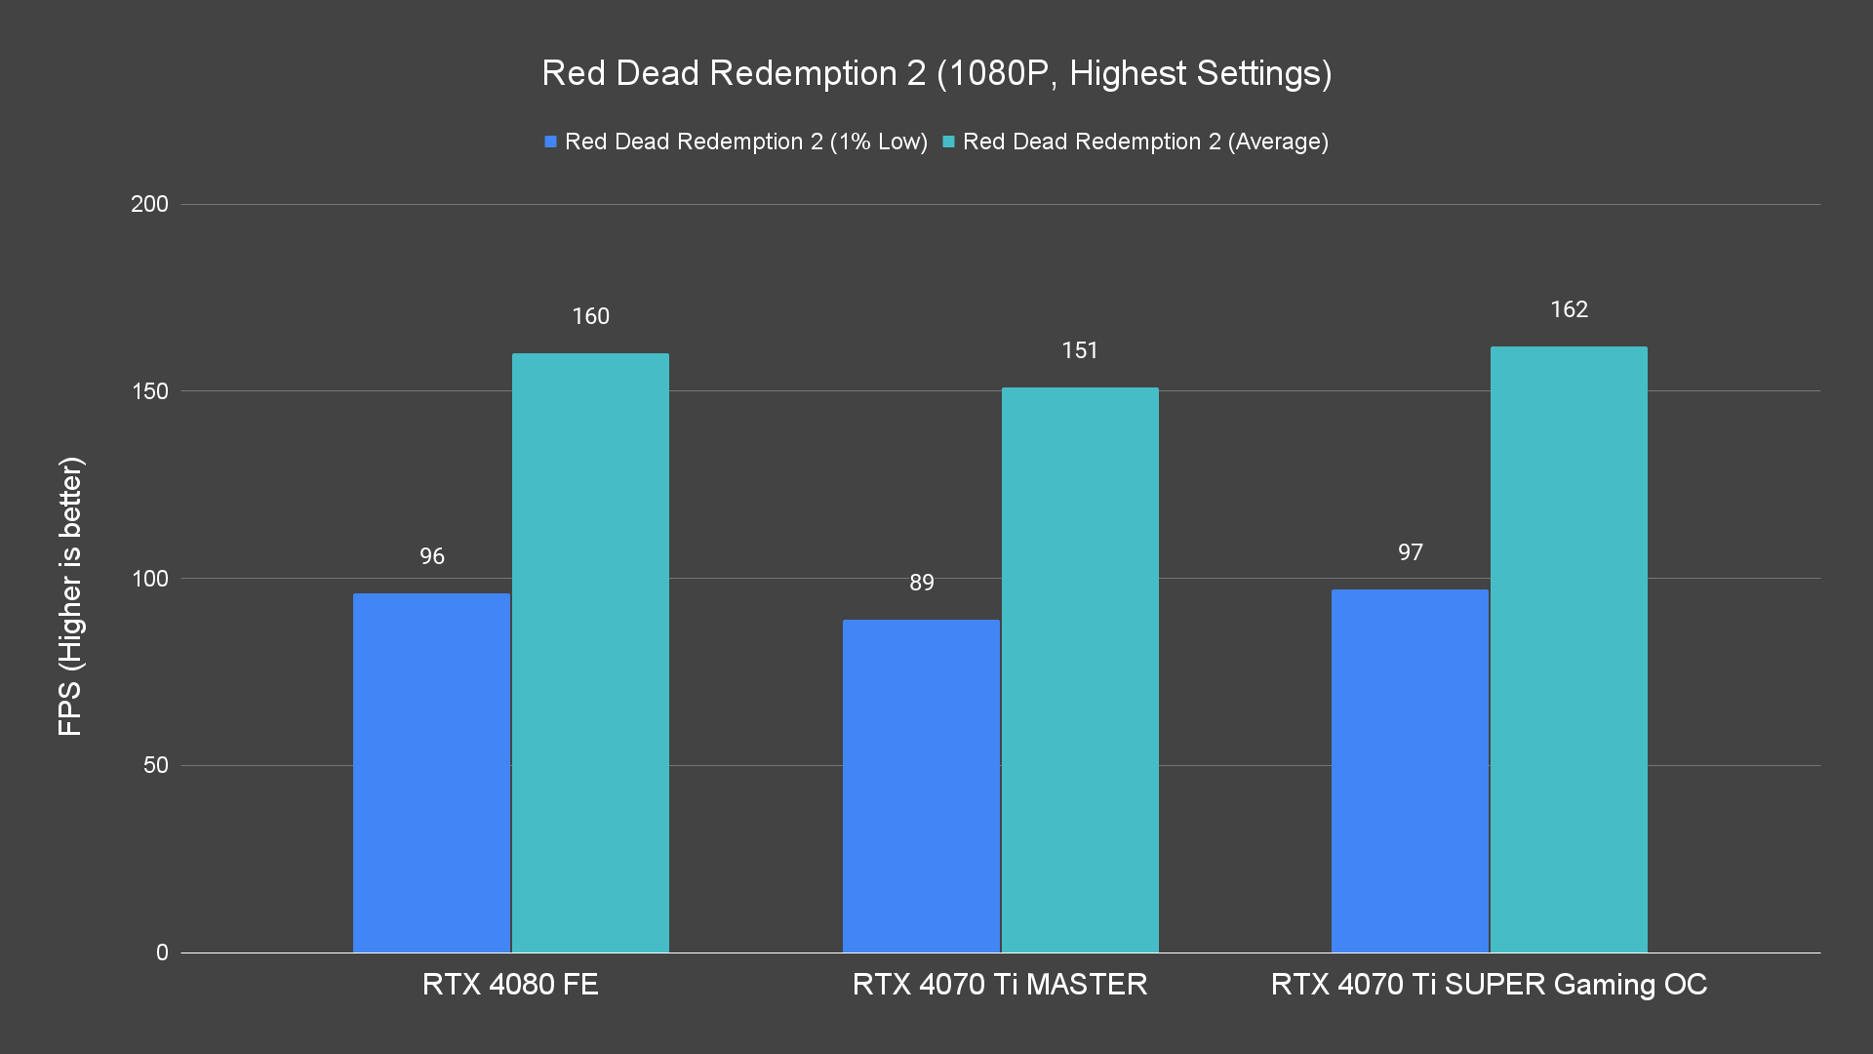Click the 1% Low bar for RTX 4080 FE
tap(431, 772)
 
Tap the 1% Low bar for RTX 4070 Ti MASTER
tap(921, 786)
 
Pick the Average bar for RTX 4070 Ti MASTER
tap(1080, 669)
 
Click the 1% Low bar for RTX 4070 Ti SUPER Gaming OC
tap(1410, 770)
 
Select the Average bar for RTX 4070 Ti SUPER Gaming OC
tap(1569, 649)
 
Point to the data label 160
tap(590, 316)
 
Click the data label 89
tap(921, 583)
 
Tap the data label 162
tap(1569, 309)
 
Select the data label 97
tap(1410, 552)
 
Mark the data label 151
tap(1080, 350)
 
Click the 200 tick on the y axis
tap(149, 204)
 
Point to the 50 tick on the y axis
tap(155, 765)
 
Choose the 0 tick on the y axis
tap(162, 953)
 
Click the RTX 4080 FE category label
tap(510, 984)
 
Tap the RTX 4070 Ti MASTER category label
tap(999, 984)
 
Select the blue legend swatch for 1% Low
tap(550, 142)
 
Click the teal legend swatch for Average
tap(948, 142)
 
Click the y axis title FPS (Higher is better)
tap(70, 595)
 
